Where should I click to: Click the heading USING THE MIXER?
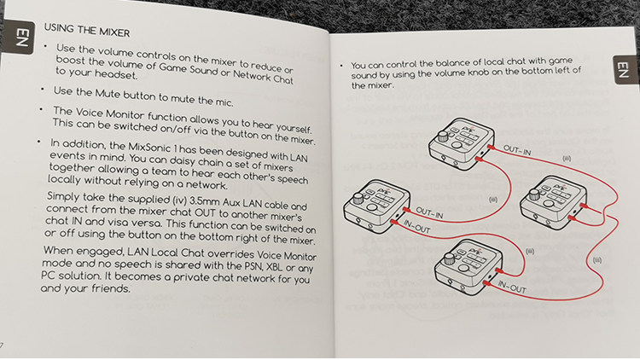pos(86,32)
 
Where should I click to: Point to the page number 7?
pos(3,344)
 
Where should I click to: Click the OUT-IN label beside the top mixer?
pos(517,151)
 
